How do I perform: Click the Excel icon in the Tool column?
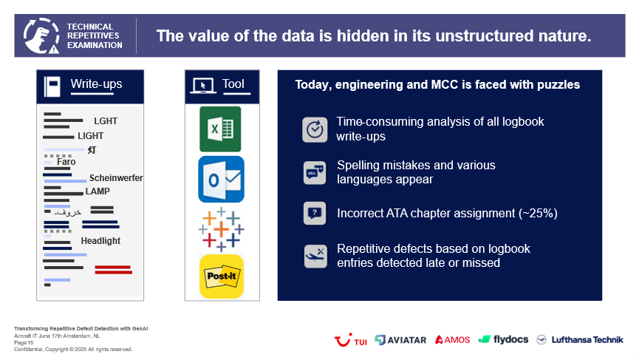220,129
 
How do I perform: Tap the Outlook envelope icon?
222,179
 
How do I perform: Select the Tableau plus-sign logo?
221,229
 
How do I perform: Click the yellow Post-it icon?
222,276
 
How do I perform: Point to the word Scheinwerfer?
116,178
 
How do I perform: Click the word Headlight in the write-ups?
100,241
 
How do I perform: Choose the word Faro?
66,162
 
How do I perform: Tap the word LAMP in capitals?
98,191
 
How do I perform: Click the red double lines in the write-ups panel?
113,270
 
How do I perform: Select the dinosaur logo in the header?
41,36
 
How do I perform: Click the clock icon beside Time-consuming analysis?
315,129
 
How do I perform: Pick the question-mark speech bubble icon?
315,213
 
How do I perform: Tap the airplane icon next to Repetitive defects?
315,256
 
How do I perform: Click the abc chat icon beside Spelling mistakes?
315,173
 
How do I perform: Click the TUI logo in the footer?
350,339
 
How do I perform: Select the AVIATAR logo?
400,339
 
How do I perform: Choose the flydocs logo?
503,339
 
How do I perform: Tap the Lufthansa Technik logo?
580,339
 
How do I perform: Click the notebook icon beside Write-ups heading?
52,86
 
